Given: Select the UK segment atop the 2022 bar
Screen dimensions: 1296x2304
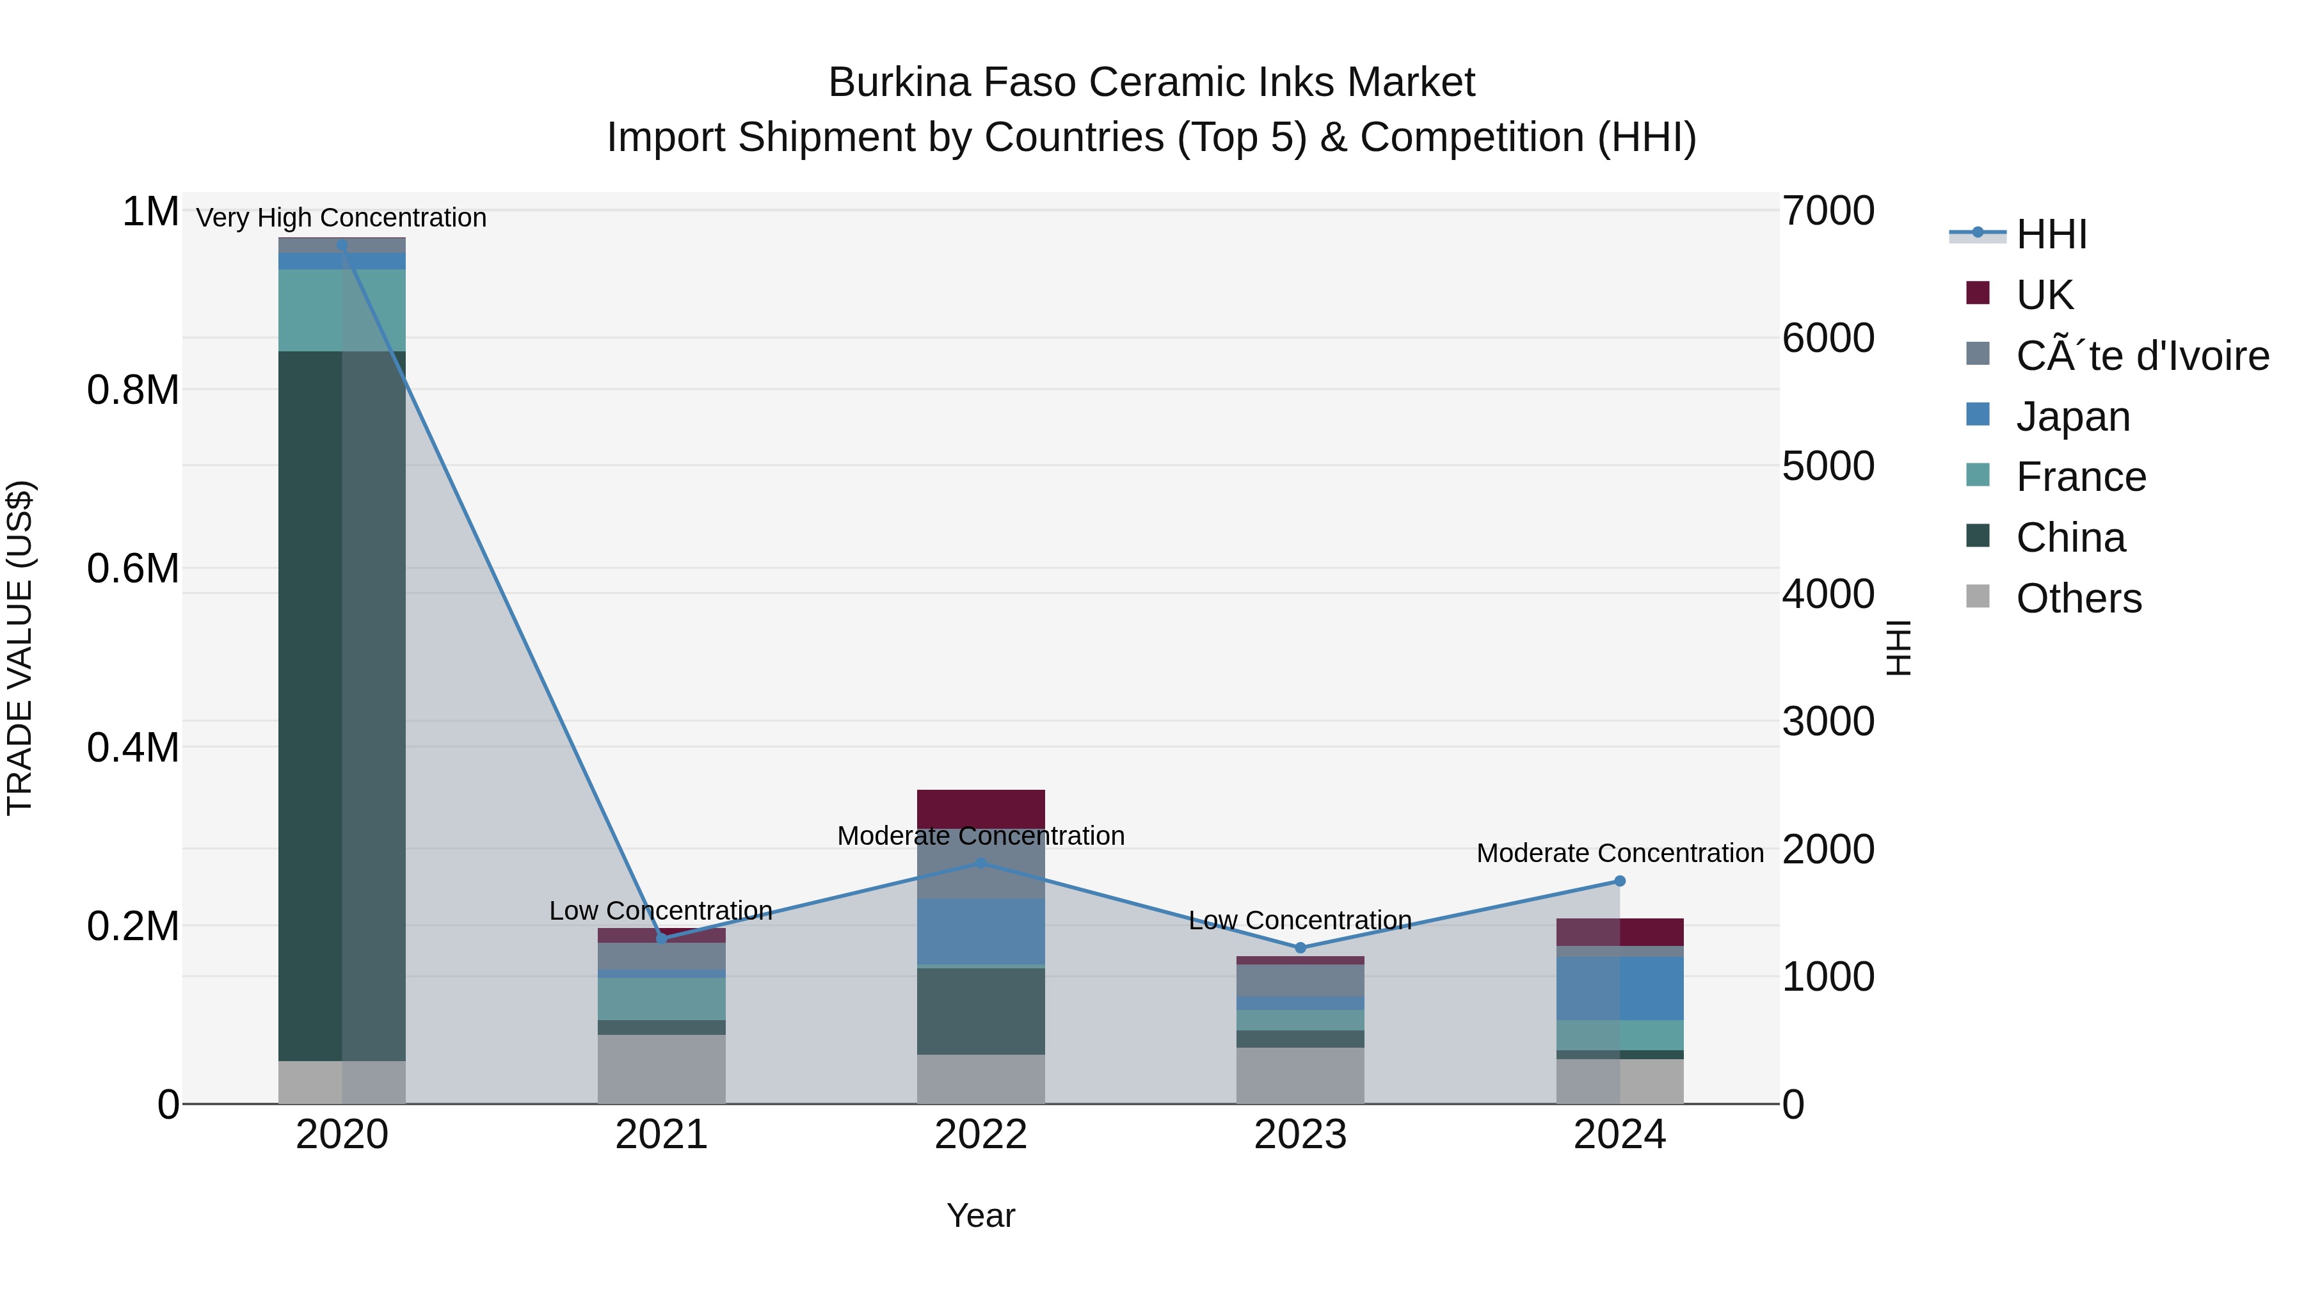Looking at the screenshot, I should click(980, 808).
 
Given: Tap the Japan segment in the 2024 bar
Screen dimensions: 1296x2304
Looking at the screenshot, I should click(1619, 988).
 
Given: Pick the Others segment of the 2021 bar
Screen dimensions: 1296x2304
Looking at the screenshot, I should click(661, 1069).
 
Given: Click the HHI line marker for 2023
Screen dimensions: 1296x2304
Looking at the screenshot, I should click(1300, 947).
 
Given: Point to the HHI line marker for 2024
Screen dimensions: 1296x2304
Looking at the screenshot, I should click(1619, 881).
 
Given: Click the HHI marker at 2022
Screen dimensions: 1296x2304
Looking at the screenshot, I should click(980, 863).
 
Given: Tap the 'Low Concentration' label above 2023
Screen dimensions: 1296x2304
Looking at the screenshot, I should click(1300, 920).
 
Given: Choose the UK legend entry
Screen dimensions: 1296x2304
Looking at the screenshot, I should click(2044, 294).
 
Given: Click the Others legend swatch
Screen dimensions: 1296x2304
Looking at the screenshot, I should click(1978, 596).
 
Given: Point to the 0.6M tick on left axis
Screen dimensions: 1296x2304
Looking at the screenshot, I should click(133, 569).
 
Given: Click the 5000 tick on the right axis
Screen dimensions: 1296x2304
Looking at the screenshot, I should click(1827, 466).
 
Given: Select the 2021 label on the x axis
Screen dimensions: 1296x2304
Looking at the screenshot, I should click(661, 1134).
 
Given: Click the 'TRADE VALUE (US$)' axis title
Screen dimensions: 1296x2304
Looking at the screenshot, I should click(20, 648).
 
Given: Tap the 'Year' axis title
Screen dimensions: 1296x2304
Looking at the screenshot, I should click(980, 1215).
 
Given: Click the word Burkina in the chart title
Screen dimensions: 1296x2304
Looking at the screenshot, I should click(899, 83).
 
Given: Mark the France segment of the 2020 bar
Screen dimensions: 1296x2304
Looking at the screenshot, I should click(342, 310).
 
